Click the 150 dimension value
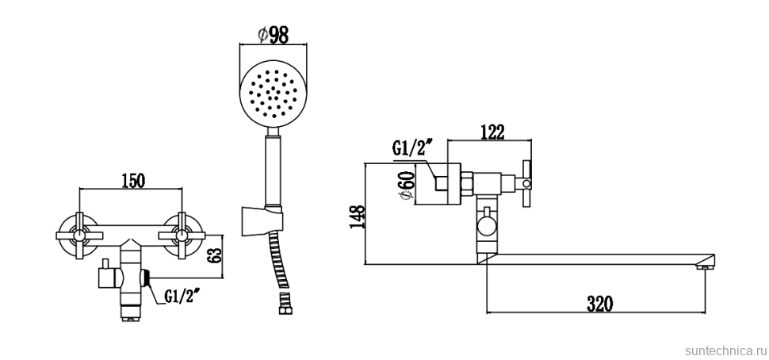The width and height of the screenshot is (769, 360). (132, 180)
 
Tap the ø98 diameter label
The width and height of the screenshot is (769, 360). (273, 34)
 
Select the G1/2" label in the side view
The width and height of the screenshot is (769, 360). (412, 148)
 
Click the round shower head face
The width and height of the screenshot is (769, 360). (273, 94)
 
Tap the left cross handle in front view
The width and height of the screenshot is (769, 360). (79, 234)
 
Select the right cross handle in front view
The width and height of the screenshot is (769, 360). (182, 234)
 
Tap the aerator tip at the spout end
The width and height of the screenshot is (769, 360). (703, 270)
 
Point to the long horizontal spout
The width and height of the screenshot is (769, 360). (595, 259)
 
